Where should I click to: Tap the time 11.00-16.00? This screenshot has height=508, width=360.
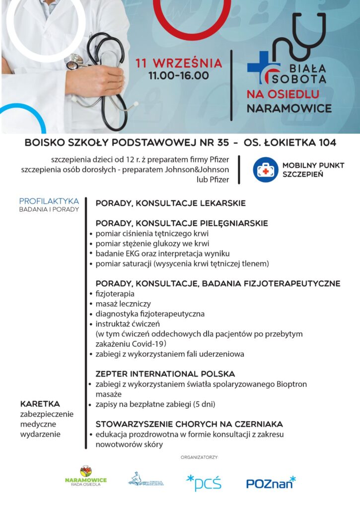179,76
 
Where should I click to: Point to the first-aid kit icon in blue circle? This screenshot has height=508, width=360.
265,170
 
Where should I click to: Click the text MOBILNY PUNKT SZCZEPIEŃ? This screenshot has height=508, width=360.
313,170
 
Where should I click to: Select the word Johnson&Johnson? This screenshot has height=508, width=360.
204,170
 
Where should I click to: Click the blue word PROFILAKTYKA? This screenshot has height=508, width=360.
49,201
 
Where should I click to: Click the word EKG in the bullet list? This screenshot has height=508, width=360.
130,254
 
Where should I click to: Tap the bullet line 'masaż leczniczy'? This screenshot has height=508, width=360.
123,304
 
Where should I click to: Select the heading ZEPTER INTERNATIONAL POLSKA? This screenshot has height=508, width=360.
165,374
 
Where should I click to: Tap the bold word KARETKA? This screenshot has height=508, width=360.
40,404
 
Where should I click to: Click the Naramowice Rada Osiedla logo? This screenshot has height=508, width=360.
85,476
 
